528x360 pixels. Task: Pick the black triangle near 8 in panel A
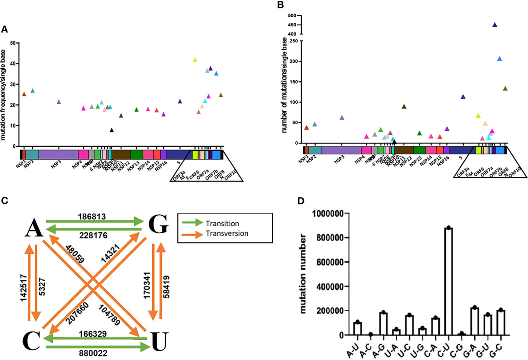click(112, 130)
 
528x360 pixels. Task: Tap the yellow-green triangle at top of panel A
click(195, 59)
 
